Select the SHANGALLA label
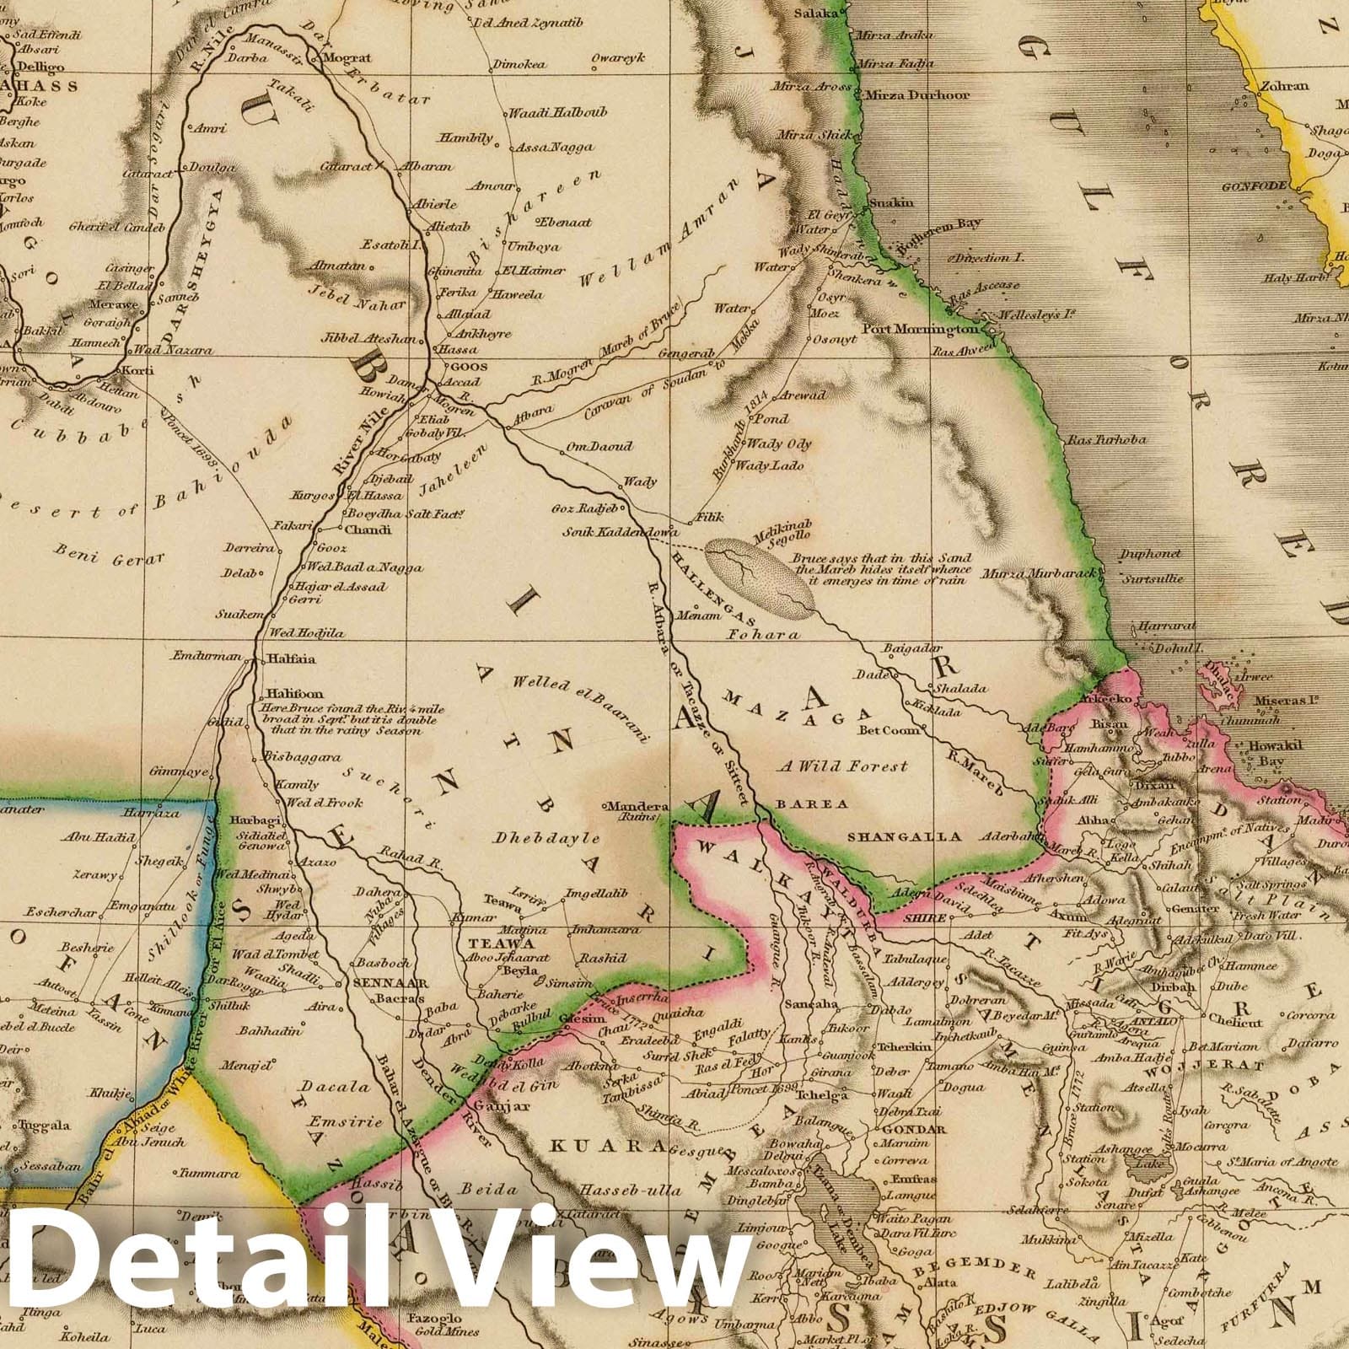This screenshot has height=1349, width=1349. coord(904,837)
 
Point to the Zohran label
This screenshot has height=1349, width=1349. coord(1284,86)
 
